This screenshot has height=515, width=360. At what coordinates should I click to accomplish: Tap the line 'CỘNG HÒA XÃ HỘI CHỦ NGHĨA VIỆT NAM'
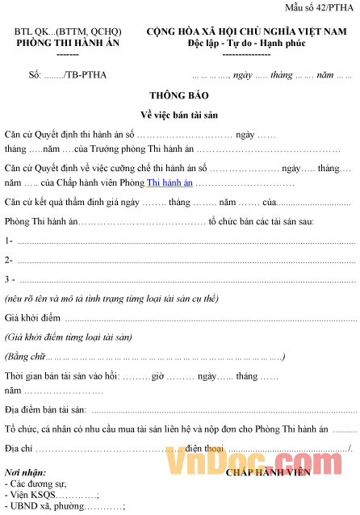pos(253,31)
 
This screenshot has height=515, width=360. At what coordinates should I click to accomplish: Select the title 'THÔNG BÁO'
pos(179,95)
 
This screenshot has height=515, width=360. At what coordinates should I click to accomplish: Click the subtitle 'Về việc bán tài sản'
pos(179,114)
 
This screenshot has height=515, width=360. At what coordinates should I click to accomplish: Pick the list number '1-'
pos(9,241)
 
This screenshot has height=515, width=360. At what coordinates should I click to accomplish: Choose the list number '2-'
pos(9,260)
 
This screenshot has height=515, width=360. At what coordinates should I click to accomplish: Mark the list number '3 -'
pos(10,279)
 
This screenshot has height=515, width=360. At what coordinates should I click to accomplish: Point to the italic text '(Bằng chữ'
pos(25,356)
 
